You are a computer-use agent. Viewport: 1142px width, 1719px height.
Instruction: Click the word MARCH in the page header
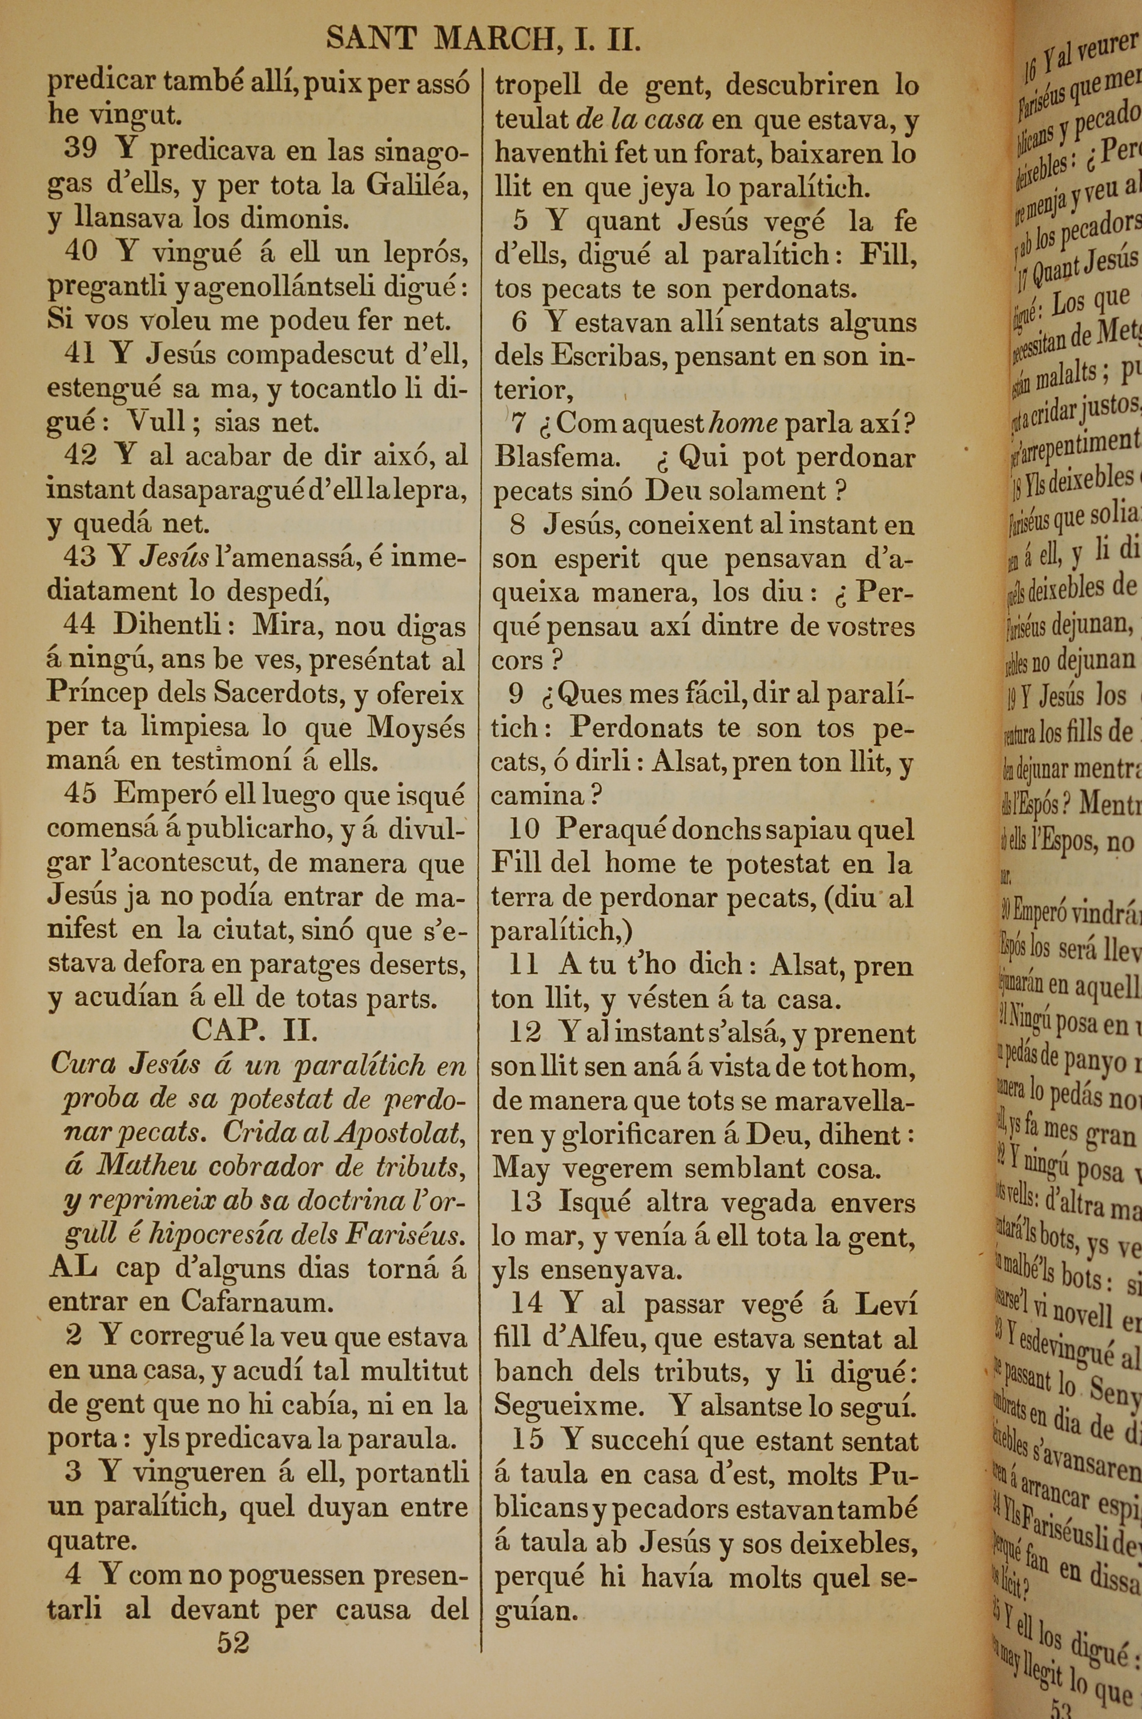pos(494,39)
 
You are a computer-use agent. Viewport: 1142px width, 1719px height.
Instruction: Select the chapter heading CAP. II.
pos(254,1030)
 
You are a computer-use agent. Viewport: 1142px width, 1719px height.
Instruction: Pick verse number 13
pos(526,1202)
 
